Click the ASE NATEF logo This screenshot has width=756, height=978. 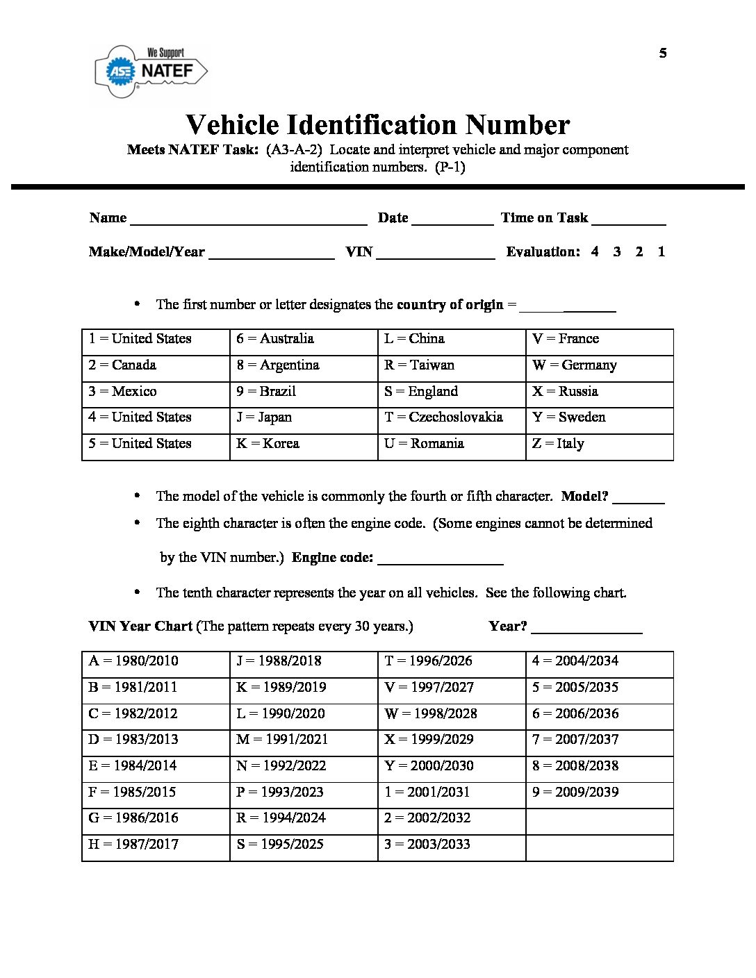pyautogui.click(x=151, y=71)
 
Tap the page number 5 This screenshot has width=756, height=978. pyautogui.click(x=663, y=53)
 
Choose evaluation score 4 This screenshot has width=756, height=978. pyautogui.click(x=595, y=251)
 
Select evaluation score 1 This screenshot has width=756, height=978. pyautogui.click(x=661, y=251)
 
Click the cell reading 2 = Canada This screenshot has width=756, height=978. pyautogui.click(x=156, y=365)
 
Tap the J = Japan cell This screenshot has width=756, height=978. pyautogui.click(x=304, y=417)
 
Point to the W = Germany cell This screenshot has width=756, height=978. pyautogui.click(x=599, y=365)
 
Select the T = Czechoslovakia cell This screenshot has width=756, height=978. pyautogui.click(x=452, y=417)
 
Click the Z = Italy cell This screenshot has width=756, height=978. pyautogui.click(x=599, y=444)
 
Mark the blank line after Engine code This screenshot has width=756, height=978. pyautogui.click(x=440, y=560)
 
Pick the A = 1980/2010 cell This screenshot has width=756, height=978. pyautogui.click(x=156, y=661)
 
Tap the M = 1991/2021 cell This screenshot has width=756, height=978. pyautogui.click(x=304, y=740)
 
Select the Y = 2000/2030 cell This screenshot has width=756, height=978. pyautogui.click(x=452, y=766)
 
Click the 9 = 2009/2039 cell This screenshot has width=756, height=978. pyautogui.click(x=599, y=792)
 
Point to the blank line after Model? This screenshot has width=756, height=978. pyautogui.click(x=639, y=499)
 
